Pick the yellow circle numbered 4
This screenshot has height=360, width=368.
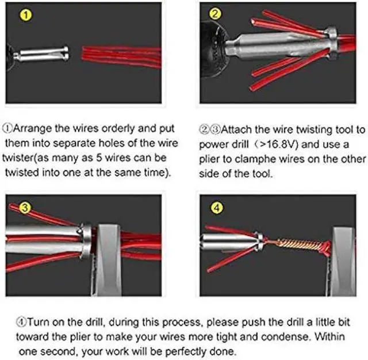click(215, 208)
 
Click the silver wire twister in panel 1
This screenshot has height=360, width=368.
click(42, 55)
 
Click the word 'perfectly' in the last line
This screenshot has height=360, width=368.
click(187, 350)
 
